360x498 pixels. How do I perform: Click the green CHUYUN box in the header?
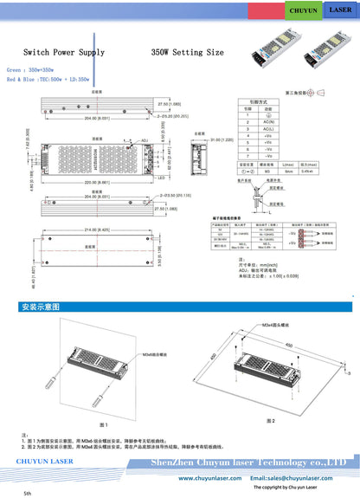pyautogui.click(x=304, y=10)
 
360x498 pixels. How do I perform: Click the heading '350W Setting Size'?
pyautogui.click(x=187, y=52)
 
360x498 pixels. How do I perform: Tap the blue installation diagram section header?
pyautogui.click(x=41, y=307)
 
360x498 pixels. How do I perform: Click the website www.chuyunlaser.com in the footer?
pyautogui.click(x=209, y=477)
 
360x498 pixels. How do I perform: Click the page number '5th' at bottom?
pyautogui.click(x=28, y=493)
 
